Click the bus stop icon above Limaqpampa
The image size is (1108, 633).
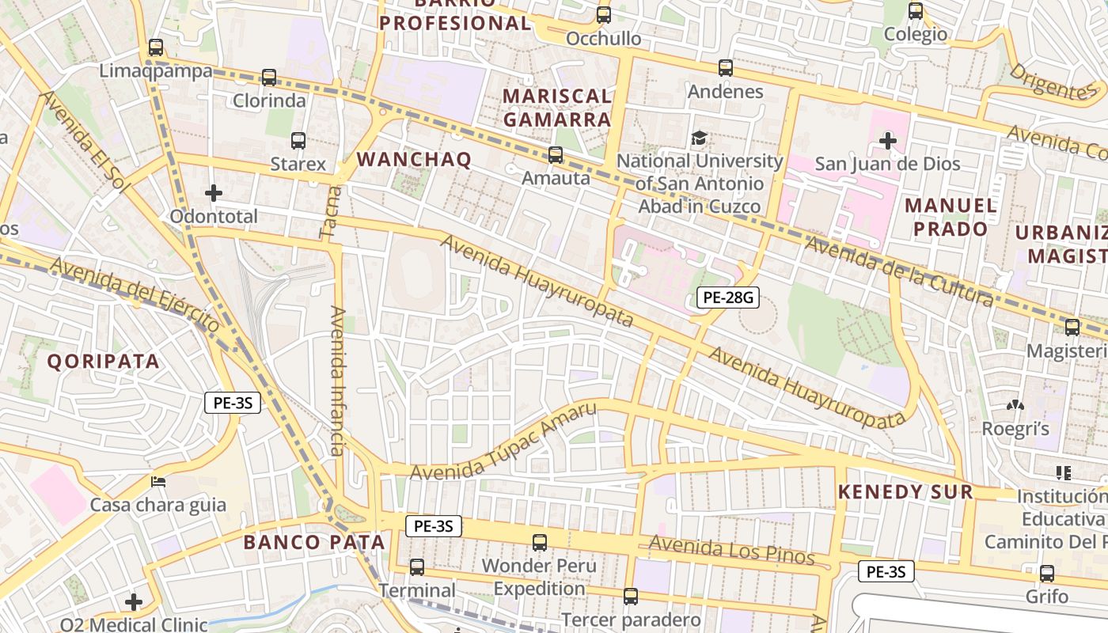coord(156,47)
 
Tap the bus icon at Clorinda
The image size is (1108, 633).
coord(269,78)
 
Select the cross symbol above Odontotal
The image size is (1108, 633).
coord(214,193)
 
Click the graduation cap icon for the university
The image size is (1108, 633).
coord(699,138)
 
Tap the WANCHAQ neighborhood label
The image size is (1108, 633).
coord(414,159)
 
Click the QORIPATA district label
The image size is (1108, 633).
coord(103,362)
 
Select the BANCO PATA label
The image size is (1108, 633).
coord(314,542)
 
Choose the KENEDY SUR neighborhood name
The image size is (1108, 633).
coord(905,491)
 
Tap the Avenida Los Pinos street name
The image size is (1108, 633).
coord(731,549)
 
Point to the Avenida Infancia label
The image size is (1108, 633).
coord(338,381)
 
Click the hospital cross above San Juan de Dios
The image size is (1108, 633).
coord(888,142)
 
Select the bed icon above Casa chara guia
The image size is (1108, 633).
coord(158,482)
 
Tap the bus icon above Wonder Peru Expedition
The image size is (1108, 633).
coord(540,543)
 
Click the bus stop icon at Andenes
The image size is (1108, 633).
coord(726,68)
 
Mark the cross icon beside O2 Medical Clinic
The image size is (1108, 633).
coord(134,603)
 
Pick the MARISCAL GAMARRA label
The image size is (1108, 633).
coord(557,108)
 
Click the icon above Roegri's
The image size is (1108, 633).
coord(1015,406)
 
